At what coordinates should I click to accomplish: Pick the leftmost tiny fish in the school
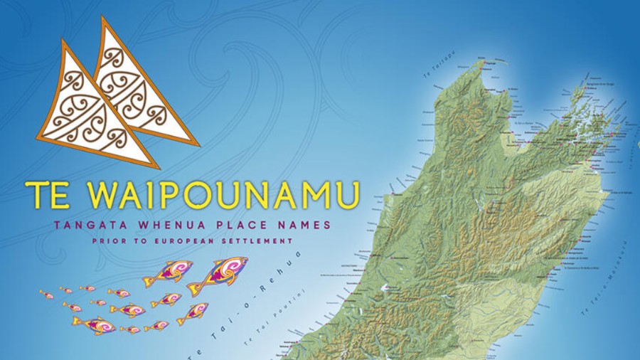pyautogui.click(x=46, y=294)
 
